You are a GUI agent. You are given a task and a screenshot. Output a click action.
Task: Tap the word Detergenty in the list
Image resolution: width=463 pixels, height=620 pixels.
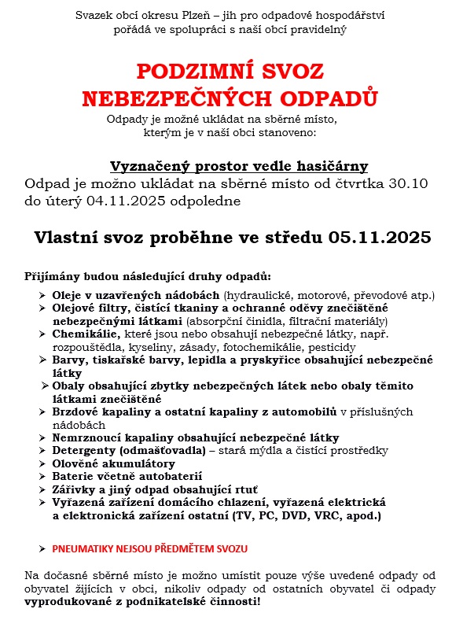(84, 449)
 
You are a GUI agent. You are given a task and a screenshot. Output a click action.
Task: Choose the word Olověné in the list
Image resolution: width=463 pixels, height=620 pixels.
(77, 463)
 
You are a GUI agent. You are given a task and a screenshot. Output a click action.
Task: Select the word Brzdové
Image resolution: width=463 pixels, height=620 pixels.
(77, 411)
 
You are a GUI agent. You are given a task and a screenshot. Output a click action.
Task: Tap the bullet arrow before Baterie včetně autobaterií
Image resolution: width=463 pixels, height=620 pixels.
(42, 476)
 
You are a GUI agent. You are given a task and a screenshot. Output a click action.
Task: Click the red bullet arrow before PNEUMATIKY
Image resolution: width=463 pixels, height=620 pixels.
(42, 548)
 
